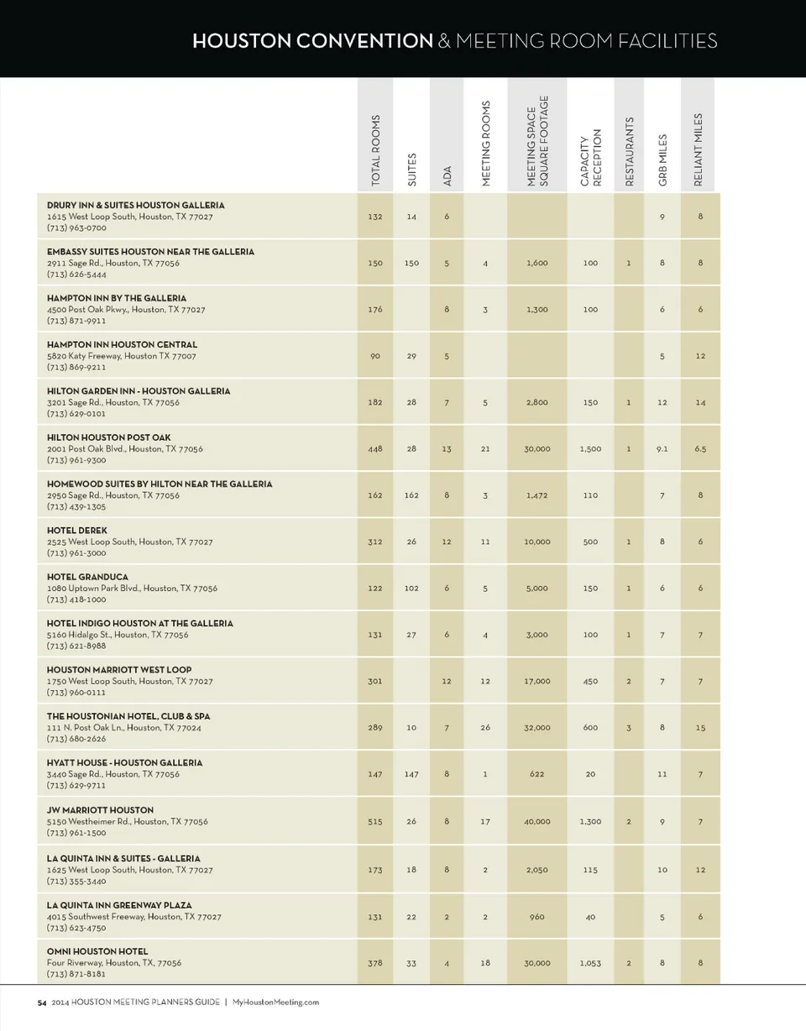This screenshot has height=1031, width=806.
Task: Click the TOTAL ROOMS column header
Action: [x=375, y=150]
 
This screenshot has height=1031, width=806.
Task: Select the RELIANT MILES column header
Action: [x=699, y=149]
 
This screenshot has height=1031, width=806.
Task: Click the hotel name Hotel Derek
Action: [x=76, y=531]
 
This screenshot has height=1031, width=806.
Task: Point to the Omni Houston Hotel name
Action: [x=97, y=951]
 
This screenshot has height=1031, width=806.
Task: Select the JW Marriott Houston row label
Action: [x=100, y=810]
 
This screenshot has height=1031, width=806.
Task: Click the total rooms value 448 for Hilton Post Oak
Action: [x=375, y=448]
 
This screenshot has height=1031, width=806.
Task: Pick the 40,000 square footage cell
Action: [x=537, y=822]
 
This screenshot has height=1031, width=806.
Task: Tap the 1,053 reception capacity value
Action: [x=590, y=963]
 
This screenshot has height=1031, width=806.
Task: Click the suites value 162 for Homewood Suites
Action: [x=411, y=495]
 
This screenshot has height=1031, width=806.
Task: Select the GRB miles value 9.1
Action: [x=662, y=448]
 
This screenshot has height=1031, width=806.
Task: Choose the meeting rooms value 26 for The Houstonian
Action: [x=485, y=728]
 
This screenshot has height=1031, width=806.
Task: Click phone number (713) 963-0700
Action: [x=76, y=228]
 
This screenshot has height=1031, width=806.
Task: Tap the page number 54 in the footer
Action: [x=41, y=1002]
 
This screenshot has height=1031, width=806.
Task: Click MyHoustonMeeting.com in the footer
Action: [x=275, y=1002]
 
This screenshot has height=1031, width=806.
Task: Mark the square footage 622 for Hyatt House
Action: [x=537, y=774]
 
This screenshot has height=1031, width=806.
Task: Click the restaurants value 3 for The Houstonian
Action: [x=629, y=728]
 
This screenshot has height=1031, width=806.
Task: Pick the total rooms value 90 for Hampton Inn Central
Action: [x=375, y=356]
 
